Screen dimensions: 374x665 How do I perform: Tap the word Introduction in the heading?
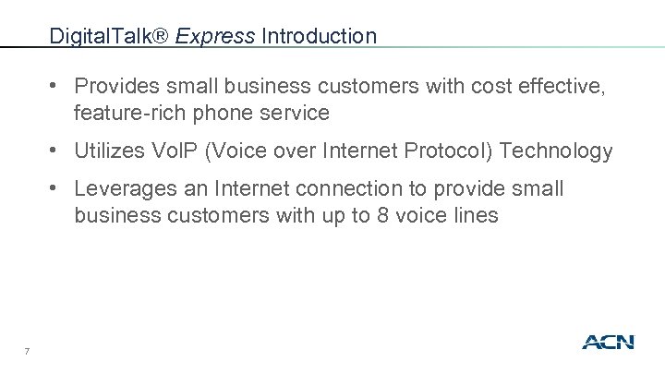point(320,37)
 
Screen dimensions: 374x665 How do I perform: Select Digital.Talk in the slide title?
point(108,37)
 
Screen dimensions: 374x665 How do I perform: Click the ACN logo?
point(608,343)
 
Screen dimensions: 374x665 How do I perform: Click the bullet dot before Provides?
point(57,86)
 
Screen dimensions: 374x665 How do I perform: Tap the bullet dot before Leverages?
point(57,189)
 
